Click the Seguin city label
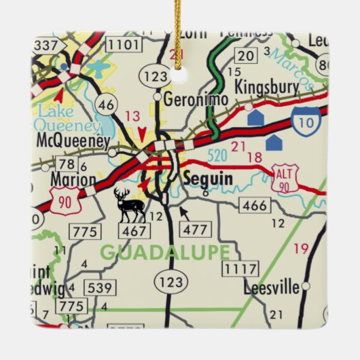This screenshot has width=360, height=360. [x=209, y=179]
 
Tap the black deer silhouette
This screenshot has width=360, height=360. [x=129, y=206]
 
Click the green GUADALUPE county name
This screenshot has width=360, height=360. [x=166, y=252]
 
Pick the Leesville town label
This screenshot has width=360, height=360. [x=272, y=288]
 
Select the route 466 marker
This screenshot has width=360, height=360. [x=255, y=205]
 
